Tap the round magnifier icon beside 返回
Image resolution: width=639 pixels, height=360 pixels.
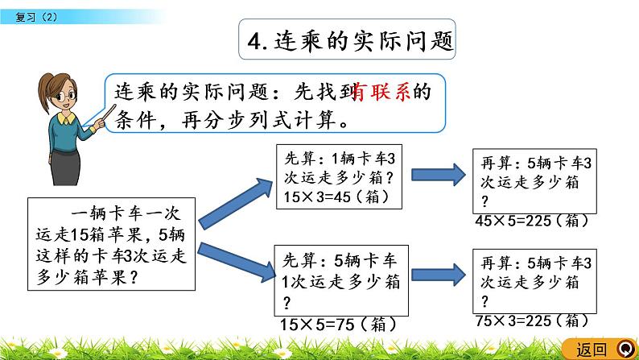point(624,349)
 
